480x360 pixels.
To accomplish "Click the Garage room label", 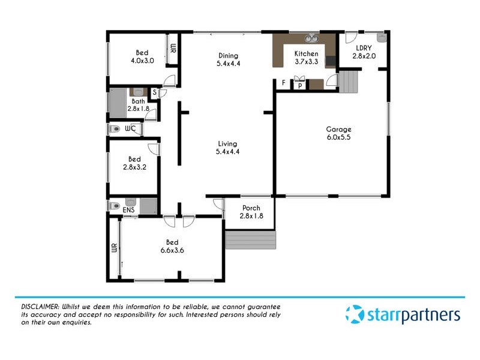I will pyautogui.click(x=338, y=133).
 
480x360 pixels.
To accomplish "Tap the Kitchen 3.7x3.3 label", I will pyautogui.click(x=306, y=58).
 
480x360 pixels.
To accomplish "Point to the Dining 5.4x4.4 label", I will pyautogui.click(x=228, y=60).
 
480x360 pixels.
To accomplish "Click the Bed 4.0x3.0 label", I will pyautogui.click(x=142, y=56).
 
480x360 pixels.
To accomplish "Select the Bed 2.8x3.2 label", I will pyautogui.click(x=134, y=163).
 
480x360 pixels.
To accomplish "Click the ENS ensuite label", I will pyautogui.click(x=128, y=210).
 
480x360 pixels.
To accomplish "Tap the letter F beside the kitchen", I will pyautogui.click(x=283, y=83).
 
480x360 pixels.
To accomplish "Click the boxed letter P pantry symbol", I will pyautogui.click(x=299, y=86).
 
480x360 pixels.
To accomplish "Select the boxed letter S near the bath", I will pyautogui.click(x=154, y=92).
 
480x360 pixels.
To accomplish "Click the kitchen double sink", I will pyautogui.click(x=311, y=40).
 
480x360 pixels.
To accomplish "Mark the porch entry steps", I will pyautogui.click(x=250, y=240).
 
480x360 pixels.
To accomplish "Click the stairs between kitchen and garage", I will pyautogui.click(x=349, y=80).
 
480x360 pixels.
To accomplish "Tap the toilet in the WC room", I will pyautogui.click(x=115, y=129).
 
